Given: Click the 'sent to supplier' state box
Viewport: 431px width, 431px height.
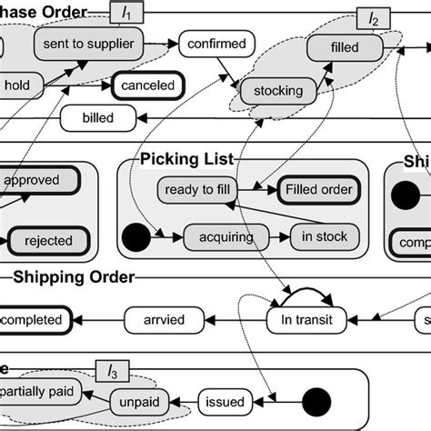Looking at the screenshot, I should coord(87,44).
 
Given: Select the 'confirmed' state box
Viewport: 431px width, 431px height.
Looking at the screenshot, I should coord(216,44).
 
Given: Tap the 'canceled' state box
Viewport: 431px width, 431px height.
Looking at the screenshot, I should coord(147,87).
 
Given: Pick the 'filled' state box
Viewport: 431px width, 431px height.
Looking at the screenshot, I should coord(345,47).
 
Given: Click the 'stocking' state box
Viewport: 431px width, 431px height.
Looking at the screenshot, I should coord(277,91).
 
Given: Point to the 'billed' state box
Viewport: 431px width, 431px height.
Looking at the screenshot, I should coord(99,116).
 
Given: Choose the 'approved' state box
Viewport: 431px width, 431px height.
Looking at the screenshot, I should coord(36,180).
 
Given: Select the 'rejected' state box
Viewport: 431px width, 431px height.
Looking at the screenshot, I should coord(44,242).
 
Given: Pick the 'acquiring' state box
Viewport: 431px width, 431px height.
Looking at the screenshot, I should coord(221,236).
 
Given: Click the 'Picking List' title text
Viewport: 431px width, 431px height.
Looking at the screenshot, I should coord(187,160).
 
